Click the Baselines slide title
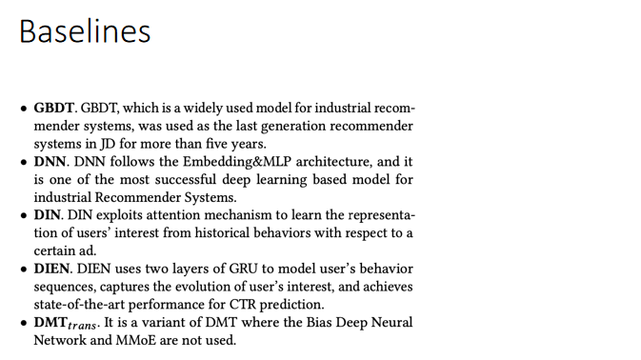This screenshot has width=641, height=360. (x=85, y=31)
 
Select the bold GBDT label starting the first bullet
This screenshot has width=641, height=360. (x=53, y=108)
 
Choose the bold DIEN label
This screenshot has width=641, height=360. (x=53, y=270)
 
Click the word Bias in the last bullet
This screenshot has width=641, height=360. (x=296, y=323)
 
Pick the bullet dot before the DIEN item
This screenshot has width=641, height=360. (x=24, y=270)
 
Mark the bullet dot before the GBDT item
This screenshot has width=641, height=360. (x=24, y=108)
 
